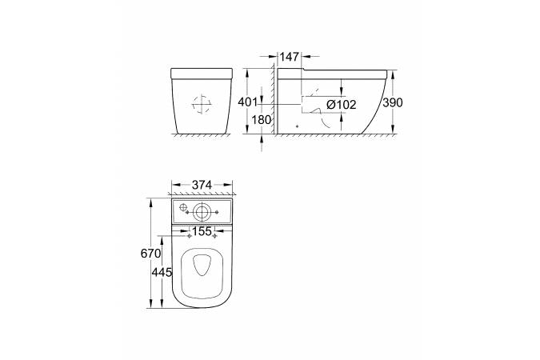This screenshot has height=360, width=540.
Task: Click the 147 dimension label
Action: click(x=289, y=57)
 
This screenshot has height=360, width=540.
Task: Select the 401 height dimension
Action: click(x=248, y=102)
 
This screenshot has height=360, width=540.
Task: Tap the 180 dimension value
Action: click(x=262, y=120)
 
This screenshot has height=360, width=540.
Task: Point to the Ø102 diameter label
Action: click(x=341, y=104)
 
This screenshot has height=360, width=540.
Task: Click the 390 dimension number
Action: click(x=393, y=102)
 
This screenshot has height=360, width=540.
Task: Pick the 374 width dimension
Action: click(x=202, y=185)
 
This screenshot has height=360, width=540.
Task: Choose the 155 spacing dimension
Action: click(x=202, y=231)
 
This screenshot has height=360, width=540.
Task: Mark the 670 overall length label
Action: click(x=150, y=254)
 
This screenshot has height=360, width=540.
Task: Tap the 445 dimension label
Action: click(x=162, y=273)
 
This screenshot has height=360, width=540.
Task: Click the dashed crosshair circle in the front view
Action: click(x=202, y=104)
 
